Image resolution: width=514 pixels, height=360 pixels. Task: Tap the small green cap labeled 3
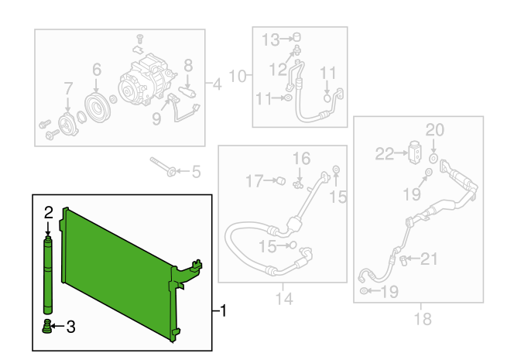click(x=47, y=326)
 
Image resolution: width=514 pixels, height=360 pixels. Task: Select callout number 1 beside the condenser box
click(x=223, y=310)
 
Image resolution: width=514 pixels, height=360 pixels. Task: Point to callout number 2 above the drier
click(x=49, y=213)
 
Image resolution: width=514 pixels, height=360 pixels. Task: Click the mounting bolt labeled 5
click(x=163, y=166)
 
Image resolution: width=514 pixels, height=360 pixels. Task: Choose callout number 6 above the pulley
click(x=97, y=70)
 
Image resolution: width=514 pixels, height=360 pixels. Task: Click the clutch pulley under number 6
click(x=98, y=108)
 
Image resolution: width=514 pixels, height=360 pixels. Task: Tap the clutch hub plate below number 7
click(x=68, y=125)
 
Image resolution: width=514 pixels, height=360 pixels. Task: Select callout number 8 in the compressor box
click(x=188, y=65)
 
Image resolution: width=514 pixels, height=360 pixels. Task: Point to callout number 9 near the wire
click(x=156, y=118)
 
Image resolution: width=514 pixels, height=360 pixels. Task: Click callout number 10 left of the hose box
click(x=238, y=76)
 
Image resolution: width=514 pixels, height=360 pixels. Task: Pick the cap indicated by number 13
click(x=297, y=36)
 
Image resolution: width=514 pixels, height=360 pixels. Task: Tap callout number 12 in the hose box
click(x=278, y=70)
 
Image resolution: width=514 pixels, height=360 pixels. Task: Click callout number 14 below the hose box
click(x=284, y=299)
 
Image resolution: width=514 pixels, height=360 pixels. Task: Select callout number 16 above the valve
click(x=301, y=159)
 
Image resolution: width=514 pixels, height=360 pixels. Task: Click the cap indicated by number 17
click(x=281, y=180)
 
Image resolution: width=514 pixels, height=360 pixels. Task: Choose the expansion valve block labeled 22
click(x=414, y=153)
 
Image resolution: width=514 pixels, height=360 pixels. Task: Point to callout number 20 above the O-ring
click(x=435, y=130)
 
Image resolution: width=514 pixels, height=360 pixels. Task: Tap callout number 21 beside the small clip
click(x=429, y=259)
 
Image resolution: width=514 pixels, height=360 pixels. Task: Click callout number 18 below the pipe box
click(x=423, y=319)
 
